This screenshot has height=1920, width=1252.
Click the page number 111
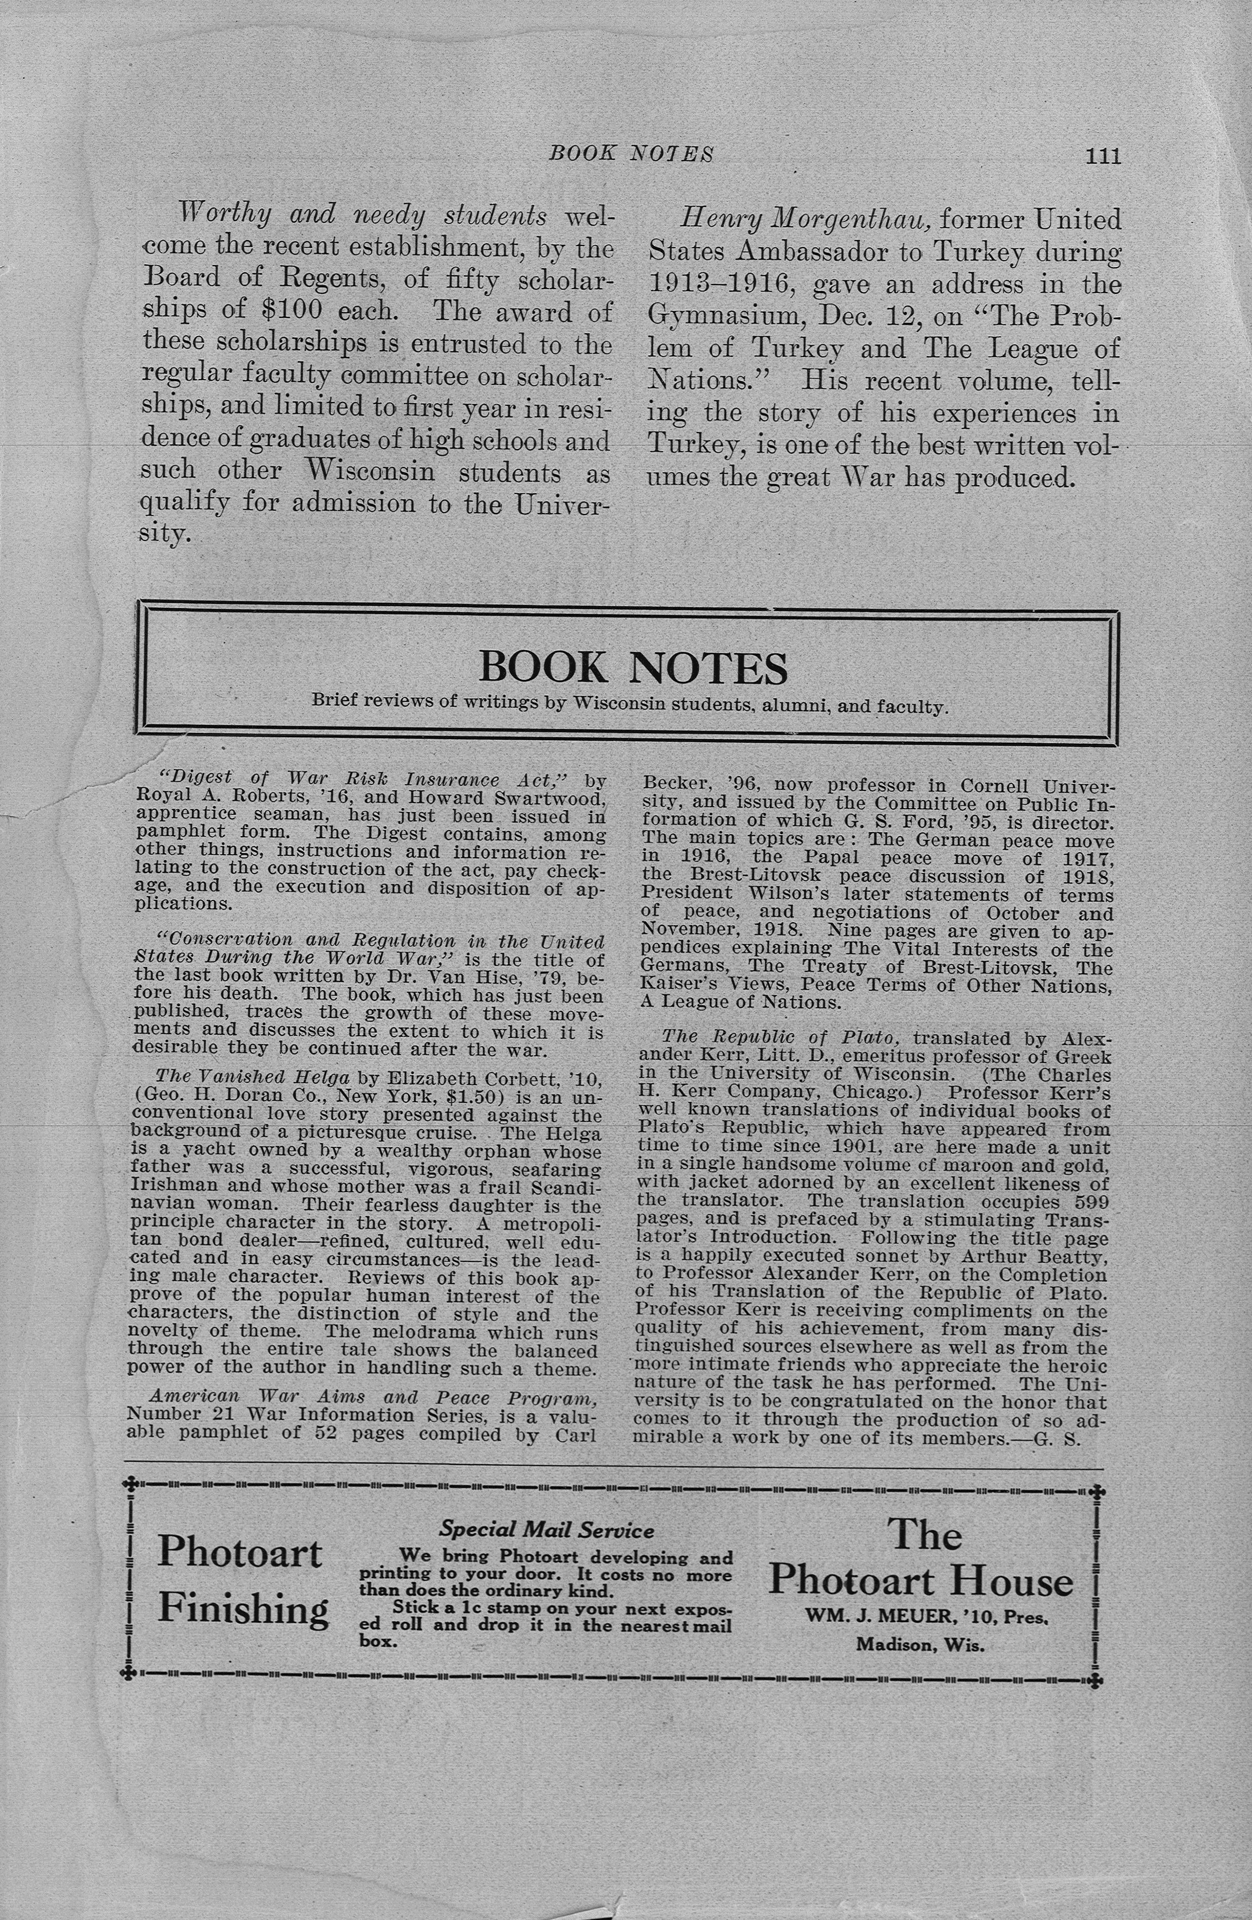(1103, 155)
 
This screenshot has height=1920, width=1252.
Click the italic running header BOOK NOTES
(631, 153)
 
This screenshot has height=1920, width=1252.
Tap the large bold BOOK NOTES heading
(633, 667)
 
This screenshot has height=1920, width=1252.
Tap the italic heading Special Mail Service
(546, 1530)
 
